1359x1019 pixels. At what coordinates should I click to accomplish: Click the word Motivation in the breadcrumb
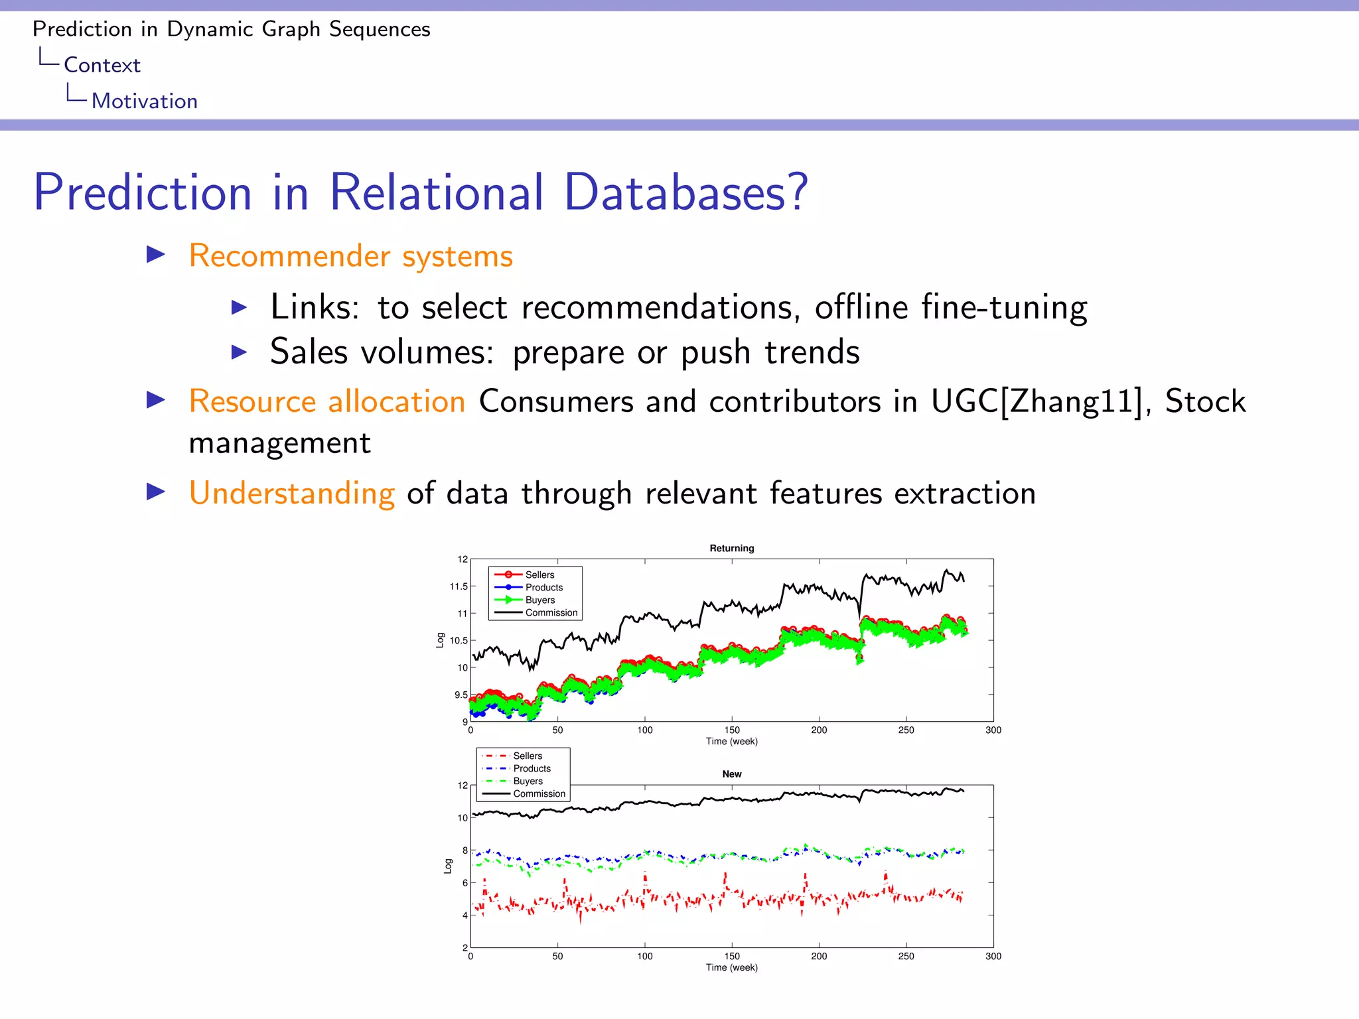click(144, 101)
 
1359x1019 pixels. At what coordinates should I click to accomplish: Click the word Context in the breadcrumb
click(102, 65)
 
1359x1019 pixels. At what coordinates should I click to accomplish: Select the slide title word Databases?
click(686, 192)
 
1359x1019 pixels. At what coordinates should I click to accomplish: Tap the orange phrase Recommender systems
click(350, 256)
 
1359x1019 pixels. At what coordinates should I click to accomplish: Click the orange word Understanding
click(291, 493)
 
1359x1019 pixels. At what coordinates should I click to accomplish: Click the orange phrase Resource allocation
click(326, 402)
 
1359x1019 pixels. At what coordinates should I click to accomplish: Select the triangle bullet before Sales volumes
click(239, 352)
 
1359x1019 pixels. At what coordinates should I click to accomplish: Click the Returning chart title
click(731, 548)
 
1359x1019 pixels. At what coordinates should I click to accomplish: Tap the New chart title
click(731, 774)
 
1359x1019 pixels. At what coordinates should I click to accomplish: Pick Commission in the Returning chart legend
click(551, 613)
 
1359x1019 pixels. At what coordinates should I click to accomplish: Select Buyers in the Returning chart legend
click(539, 600)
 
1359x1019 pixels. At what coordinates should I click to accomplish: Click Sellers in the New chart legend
click(527, 756)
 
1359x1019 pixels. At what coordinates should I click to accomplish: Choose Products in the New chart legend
click(532, 769)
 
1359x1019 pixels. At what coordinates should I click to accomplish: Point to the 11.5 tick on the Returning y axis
click(458, 586)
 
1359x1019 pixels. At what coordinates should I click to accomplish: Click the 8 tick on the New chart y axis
click(465, 850)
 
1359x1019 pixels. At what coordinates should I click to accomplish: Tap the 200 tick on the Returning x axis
click(819, 730)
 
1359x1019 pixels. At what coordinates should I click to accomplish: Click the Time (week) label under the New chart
click(731, 968)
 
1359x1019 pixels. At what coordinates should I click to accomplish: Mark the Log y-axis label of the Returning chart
click(440, 640)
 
